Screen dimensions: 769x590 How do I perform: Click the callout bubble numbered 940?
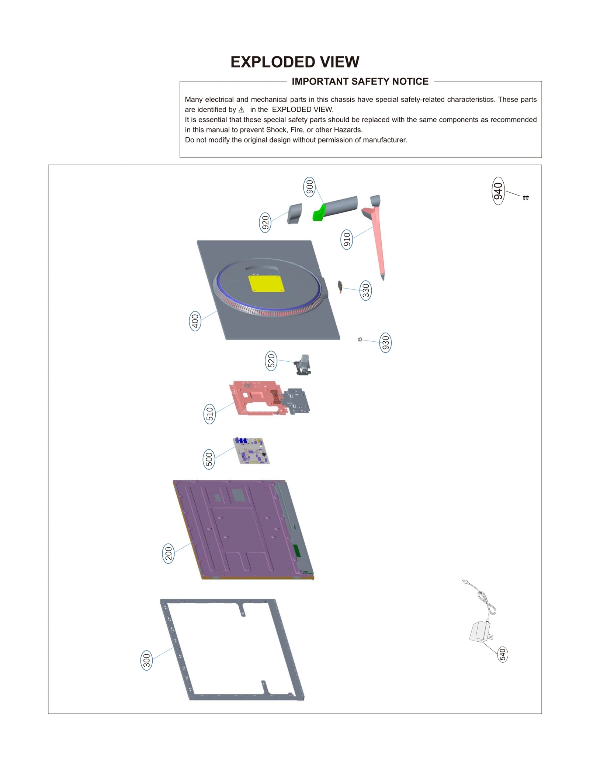498,191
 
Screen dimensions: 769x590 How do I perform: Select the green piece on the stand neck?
319,213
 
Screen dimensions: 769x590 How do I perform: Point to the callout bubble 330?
365,290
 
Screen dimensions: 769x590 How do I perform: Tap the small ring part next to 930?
360,339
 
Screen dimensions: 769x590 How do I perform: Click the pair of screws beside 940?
526,198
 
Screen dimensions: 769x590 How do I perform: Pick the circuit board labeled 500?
251,451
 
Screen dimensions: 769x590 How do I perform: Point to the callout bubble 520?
271,361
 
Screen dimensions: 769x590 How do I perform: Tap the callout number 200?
168,554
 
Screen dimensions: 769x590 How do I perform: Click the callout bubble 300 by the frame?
147,660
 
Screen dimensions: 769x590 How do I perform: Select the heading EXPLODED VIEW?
295,62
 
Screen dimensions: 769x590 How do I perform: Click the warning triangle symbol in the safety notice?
242,110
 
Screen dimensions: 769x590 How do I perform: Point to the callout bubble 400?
195,321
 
